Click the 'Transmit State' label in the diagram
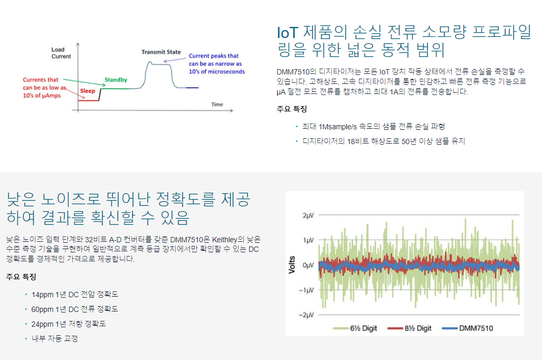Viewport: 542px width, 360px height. (161, 52)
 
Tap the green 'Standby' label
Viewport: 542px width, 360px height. (116, 80)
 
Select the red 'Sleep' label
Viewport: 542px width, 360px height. (88, 91)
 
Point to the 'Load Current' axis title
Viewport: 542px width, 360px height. (61, 53)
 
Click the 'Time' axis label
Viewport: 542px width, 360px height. (217, 105)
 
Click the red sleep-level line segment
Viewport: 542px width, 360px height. (89, 101)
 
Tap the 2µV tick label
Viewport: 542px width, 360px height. (308, 215)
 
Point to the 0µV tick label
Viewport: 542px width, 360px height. (308, 265)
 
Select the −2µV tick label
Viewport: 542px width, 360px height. (306, 315)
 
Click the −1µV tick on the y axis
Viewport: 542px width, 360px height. (306, 290)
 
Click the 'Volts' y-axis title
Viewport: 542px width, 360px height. (292, 265)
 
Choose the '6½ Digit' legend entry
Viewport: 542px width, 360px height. (355, 328)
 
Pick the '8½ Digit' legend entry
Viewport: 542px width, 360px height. (410, 328)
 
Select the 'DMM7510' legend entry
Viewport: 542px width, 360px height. (468, 328)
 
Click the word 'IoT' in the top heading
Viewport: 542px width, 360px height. (288, 33)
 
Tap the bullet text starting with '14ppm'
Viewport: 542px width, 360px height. (74, 295)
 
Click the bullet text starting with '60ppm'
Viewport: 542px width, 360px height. (74, 309)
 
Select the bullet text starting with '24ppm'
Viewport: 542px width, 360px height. (69, 324)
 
